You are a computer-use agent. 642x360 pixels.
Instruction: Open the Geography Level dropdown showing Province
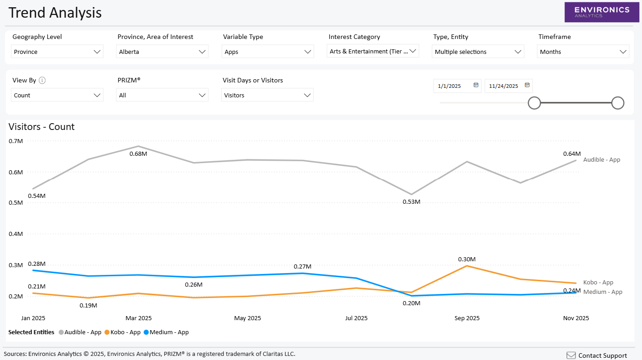coord(57,52)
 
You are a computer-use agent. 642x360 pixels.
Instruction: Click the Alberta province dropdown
coord(162,52)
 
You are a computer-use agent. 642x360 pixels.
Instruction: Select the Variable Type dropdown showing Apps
coord(267,52)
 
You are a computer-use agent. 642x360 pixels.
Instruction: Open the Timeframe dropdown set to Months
coord(583,52)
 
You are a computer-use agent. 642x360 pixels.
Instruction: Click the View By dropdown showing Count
coord(57,95)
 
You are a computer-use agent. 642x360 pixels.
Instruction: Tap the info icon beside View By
coord(42,81)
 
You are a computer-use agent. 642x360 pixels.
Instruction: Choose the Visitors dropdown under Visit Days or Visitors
coord(267,95)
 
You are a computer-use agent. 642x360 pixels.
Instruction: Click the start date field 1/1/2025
coord(452,86)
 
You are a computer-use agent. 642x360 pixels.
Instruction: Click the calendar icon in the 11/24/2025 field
coord(527,85)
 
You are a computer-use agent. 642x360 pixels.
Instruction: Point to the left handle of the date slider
coord(534,103)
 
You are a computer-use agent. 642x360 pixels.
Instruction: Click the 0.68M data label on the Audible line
coord(138,154)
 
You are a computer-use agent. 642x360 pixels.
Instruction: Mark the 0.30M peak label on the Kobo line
coord(467,259)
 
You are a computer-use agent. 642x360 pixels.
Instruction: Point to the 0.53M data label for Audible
coord(411,202)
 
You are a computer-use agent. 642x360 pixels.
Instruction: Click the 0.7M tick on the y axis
coord(15,141)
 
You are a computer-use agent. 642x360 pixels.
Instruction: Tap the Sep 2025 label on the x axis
coord(467,318)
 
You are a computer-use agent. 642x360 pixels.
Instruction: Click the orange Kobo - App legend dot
coord(107,332)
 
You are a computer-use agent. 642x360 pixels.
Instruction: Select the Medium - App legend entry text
coord(169,332)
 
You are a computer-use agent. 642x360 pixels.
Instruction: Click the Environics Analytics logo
coord(602,12)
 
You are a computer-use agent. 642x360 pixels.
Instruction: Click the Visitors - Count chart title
coord(42,127)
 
